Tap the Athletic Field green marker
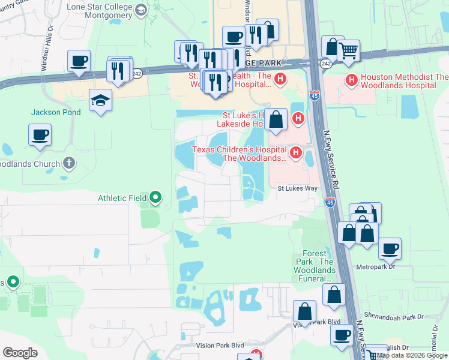tap(155, 197)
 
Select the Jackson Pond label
tap(52, 112)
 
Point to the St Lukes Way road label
tap(297, 188)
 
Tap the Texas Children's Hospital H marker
tap(295, 154)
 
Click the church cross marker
tap(70, 163)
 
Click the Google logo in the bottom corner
tap(20, 353)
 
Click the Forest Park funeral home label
tap(314, 266)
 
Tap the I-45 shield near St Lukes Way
tap(330, 203)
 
